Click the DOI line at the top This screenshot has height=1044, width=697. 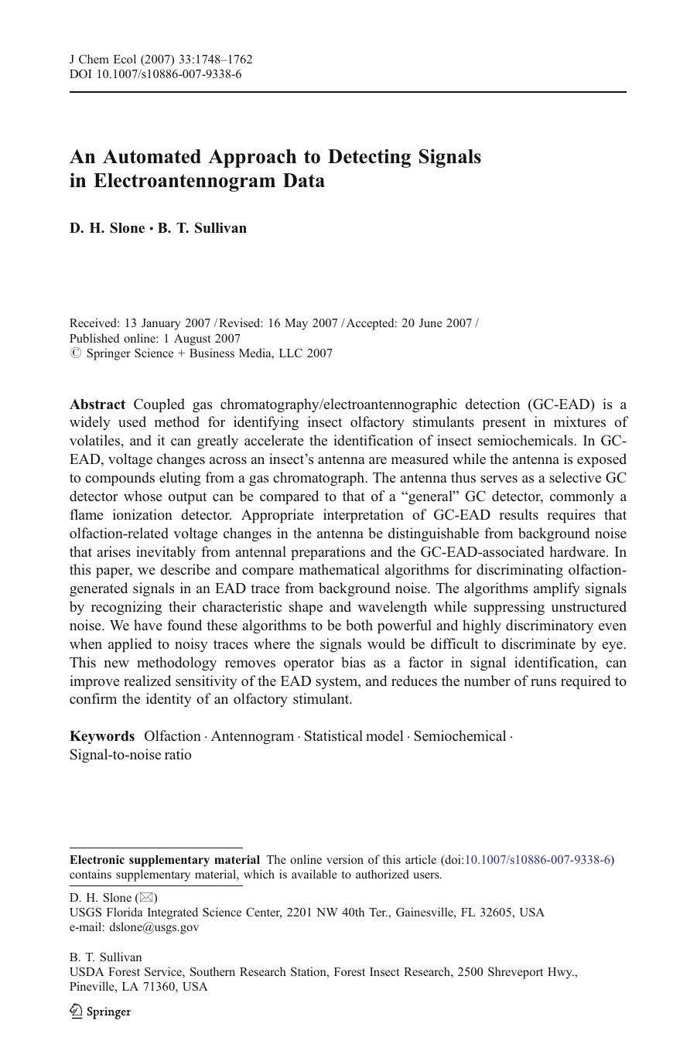click(155, 74)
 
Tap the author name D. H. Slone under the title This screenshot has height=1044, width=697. click(107, 228)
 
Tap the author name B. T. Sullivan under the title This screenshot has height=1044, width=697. click(203, 228)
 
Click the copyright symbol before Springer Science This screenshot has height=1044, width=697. click(75, 354)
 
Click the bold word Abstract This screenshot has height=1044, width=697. click(97, 404)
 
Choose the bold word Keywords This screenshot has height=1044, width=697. click(102, 736)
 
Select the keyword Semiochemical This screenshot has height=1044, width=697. click(460, 736)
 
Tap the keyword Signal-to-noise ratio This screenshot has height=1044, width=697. click(130, 755)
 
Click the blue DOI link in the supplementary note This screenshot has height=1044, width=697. click(538, 860)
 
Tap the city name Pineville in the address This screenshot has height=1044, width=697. click(94, 987)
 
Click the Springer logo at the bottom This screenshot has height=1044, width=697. click(101, 1012)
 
